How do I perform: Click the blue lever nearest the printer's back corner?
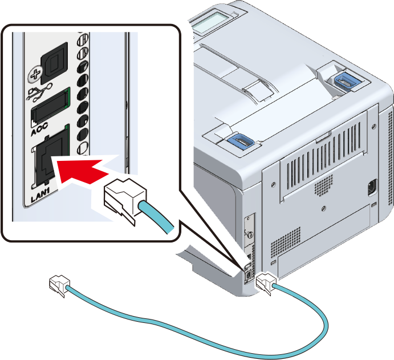click(x=346, y=80)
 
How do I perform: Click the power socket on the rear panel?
click(x=372, y=188)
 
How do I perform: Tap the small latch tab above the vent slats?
click(x=323, y=136)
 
